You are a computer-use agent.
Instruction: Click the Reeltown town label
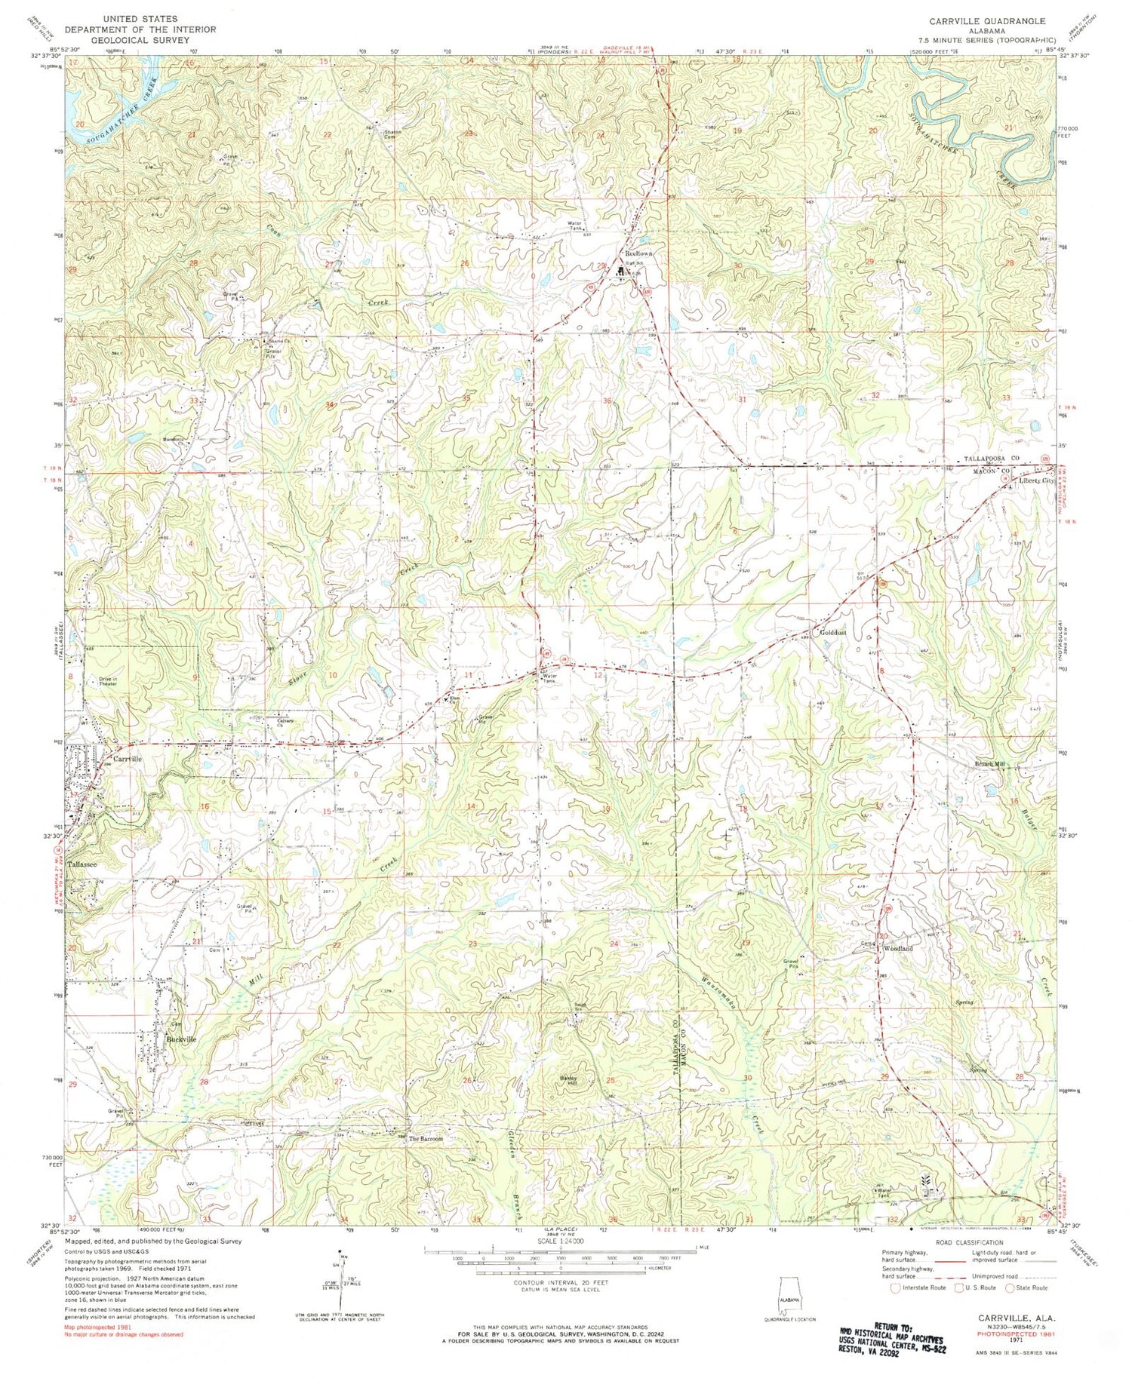point(638,255)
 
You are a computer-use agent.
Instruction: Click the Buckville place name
point(180,1039)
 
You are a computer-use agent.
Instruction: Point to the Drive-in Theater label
point(107,681)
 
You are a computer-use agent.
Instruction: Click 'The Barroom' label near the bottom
point(426,1139)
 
